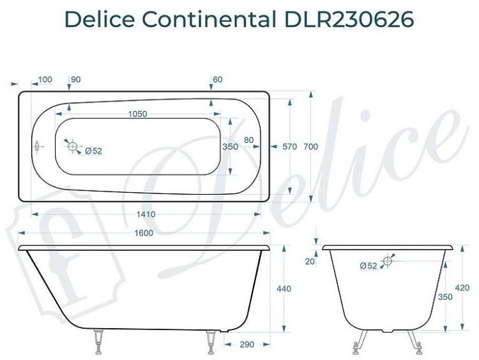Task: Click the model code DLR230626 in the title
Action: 346,20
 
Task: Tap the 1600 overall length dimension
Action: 144,233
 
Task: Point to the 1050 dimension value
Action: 138,114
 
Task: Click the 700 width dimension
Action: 311,147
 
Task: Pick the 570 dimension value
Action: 290,147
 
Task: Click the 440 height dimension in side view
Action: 284,289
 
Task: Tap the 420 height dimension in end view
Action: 462,288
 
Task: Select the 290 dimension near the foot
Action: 247,345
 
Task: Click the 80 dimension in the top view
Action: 248,140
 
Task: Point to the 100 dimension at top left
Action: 45,79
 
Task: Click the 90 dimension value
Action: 76,79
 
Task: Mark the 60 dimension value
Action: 218,79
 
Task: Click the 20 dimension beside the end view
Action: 310,261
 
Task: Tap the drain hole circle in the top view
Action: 73,147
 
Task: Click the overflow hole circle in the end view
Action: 387,260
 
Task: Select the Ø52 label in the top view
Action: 93,151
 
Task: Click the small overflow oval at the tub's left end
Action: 37,147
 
